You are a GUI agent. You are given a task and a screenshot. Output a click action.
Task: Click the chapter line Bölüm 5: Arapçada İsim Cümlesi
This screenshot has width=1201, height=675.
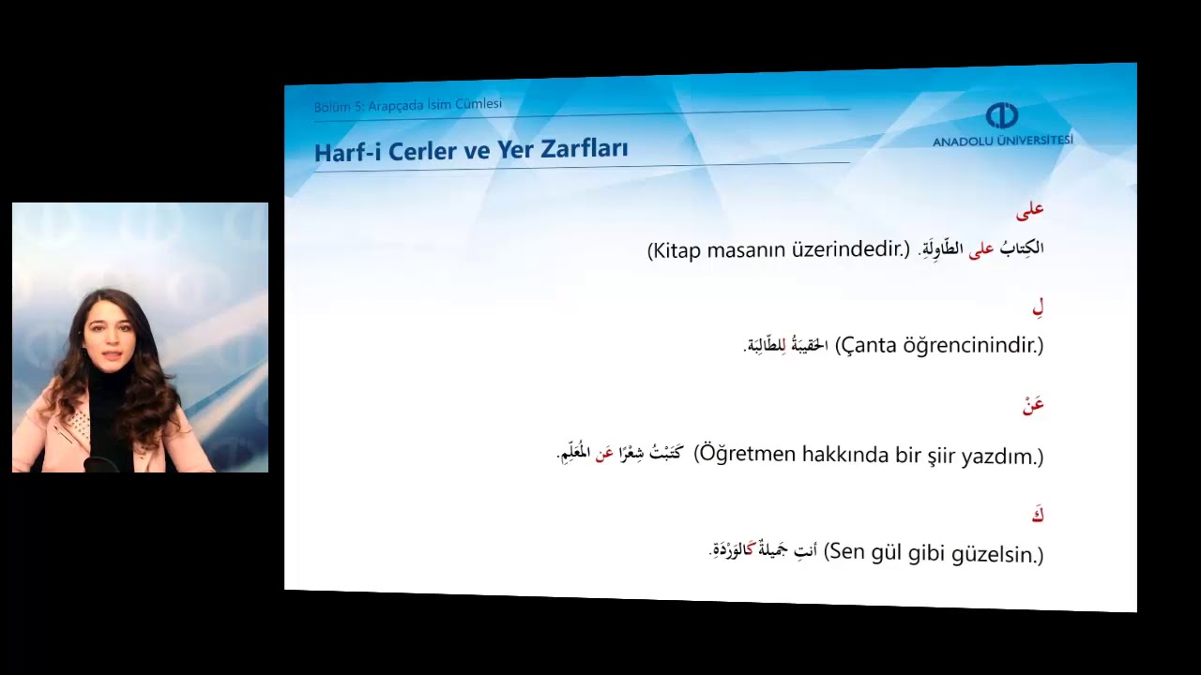[x=408, y=105]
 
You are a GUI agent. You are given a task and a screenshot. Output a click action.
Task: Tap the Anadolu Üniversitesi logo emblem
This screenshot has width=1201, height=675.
[x=1001, y=116]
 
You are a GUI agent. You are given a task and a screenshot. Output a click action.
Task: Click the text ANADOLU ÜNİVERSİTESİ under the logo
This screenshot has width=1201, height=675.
[x=1002, y=141]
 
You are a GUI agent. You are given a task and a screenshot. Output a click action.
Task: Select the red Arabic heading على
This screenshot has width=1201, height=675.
[x=1029, y=210]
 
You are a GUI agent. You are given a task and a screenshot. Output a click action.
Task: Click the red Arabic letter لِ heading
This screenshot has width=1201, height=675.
[x=1038, y=307]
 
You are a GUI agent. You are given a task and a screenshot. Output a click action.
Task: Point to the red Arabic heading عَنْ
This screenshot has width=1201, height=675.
[x=1033, y=405]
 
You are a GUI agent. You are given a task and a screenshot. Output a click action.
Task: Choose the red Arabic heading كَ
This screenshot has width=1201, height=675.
[x=1037, y=515]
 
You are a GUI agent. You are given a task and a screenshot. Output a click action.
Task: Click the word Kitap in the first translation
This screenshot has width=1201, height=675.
[x=677, y=250]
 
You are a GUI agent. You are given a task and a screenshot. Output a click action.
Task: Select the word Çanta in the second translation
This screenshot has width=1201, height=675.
[x=869, y=345]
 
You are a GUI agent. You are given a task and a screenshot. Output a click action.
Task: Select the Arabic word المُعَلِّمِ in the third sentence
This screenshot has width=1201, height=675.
[x=573, y=454]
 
